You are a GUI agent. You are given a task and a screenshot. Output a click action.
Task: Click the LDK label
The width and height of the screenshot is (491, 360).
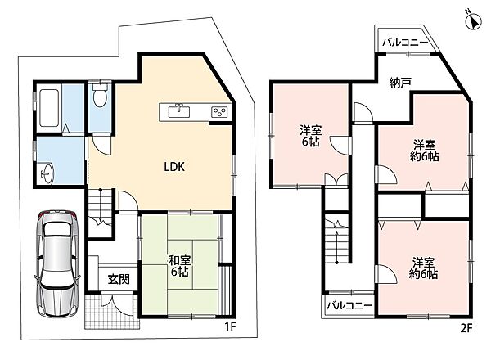click(174, 167)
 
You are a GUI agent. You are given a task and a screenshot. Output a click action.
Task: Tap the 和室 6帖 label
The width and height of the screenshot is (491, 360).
click(179, 266)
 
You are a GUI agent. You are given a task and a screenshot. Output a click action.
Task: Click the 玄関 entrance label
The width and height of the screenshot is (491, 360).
click(119, 279)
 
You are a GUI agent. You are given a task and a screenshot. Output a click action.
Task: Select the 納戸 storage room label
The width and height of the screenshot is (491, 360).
click(400, 83)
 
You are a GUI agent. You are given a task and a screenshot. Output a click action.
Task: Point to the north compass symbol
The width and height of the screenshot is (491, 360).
click(473, 22)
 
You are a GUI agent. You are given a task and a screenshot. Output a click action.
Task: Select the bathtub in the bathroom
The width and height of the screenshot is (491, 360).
click(49, 108)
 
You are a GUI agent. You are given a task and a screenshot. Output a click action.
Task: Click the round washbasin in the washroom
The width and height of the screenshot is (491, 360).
click(47, 172)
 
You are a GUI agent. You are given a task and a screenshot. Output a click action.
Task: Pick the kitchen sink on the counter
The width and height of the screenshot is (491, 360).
click(179, 111)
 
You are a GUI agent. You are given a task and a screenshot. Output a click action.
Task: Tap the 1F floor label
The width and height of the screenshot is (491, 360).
click(230, 326)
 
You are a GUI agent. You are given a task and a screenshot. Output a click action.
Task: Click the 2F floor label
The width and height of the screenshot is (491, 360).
click(466, 328)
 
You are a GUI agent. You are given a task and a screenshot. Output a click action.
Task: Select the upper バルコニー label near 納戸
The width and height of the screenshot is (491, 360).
click(405, 43)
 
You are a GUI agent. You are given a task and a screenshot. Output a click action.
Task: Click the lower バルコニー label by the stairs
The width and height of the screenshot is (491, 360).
click(349, 305)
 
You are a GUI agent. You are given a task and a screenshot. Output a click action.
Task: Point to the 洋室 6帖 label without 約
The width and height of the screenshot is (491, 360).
click(311, 136)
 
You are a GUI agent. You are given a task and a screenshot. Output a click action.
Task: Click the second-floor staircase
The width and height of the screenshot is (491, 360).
click(336, 240)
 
